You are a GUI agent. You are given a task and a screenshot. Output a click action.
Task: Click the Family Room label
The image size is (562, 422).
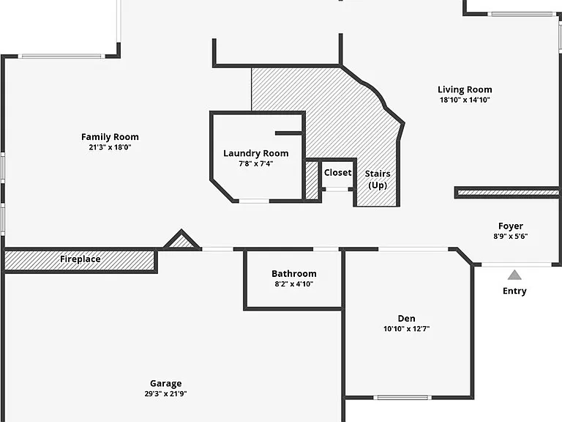(x=110, y=137)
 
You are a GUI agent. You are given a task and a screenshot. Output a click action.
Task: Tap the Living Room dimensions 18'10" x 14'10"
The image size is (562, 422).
(x=465, y=100)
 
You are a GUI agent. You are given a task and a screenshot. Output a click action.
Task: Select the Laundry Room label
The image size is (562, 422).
(x=256, y=153)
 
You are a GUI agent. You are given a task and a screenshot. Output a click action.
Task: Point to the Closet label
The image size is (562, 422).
(x=337, y=172)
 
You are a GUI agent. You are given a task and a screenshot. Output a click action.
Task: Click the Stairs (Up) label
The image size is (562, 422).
(x=378, y=179)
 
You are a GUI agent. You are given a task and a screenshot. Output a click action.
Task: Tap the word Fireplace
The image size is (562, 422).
(x=80, y=259)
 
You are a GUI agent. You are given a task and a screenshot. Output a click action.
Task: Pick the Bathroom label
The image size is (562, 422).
(x=294, y=274)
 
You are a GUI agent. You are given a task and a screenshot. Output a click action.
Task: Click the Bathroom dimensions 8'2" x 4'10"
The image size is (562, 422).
(x=294, y=284)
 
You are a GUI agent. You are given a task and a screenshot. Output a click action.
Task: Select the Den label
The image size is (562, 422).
(x=406, y=318)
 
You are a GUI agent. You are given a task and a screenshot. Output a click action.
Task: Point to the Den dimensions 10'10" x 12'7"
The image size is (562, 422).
(x=406, y=328)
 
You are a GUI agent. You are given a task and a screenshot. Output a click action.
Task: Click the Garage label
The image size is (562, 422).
(x=165, y=384)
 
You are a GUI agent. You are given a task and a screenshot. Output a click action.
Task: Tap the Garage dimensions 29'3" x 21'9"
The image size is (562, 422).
(x=165, y=393)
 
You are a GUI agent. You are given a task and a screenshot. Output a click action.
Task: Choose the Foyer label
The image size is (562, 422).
(x=510, y=226)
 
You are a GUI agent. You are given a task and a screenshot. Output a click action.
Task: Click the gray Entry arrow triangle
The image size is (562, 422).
(x=514, y=275)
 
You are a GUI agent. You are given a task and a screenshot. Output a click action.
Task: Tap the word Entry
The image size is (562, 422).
(x=514, y=291)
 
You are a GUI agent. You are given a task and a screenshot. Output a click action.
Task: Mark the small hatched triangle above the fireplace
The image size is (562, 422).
(x=181, y=240)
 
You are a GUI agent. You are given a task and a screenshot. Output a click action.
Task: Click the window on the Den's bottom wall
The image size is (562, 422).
(x=402, y=397)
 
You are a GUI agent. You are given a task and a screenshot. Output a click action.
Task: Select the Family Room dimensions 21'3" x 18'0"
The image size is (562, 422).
(x=110, y=147)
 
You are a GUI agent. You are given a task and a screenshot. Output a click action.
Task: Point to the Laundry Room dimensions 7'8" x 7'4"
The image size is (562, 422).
(x=256, y=163)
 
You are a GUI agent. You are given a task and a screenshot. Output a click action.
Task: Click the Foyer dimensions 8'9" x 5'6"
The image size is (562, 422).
(x=510, y=236)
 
